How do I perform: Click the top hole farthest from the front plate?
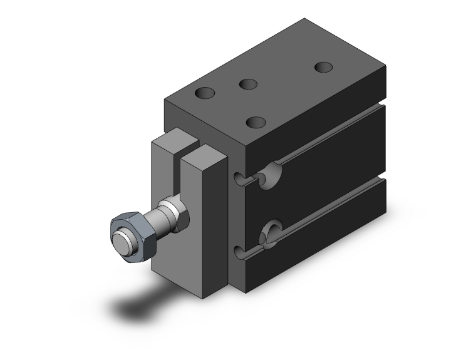coord(323,66)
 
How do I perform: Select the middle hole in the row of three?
coord(248,84)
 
